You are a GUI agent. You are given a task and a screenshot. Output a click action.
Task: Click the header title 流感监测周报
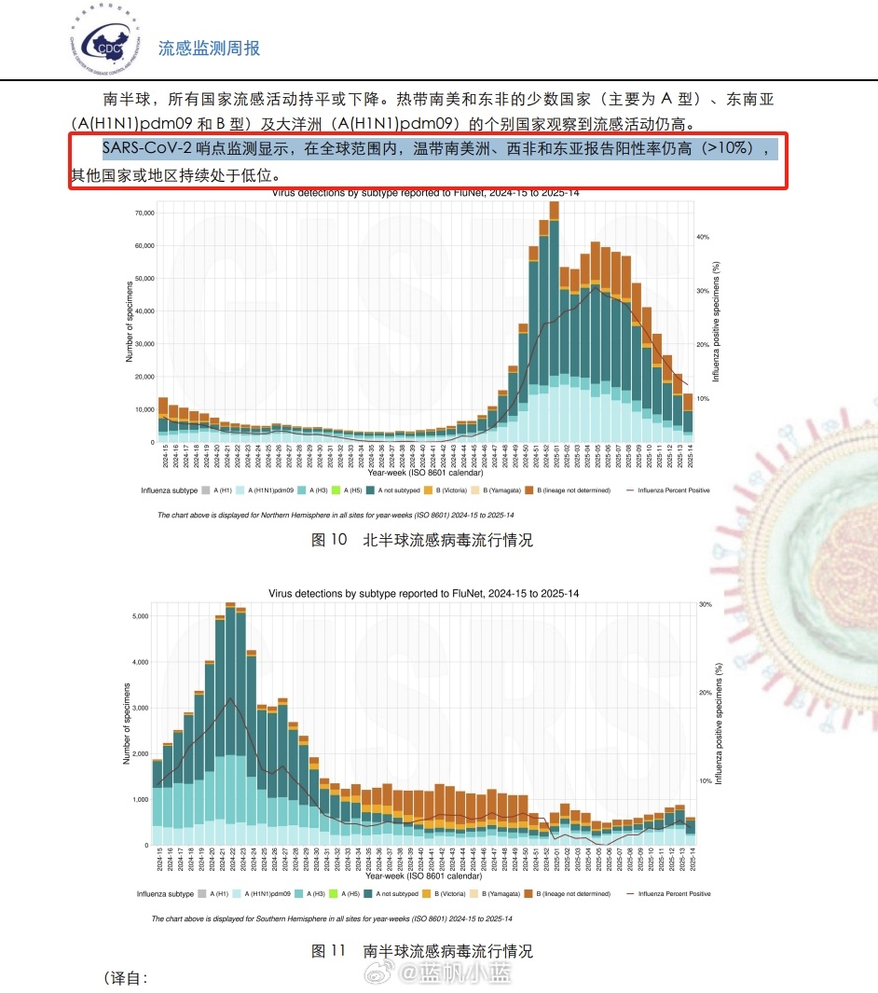pos(209,48)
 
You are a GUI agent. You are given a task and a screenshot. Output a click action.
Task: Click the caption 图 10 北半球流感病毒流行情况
pos(421,540)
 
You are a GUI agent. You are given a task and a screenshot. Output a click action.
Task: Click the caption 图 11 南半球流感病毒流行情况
pos(421,951)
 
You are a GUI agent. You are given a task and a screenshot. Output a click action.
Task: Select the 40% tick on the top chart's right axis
pos(703,237)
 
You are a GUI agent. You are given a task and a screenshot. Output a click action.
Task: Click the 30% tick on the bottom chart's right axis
pos(706,604)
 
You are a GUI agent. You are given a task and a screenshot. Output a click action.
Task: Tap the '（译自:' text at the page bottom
pos(125,977)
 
